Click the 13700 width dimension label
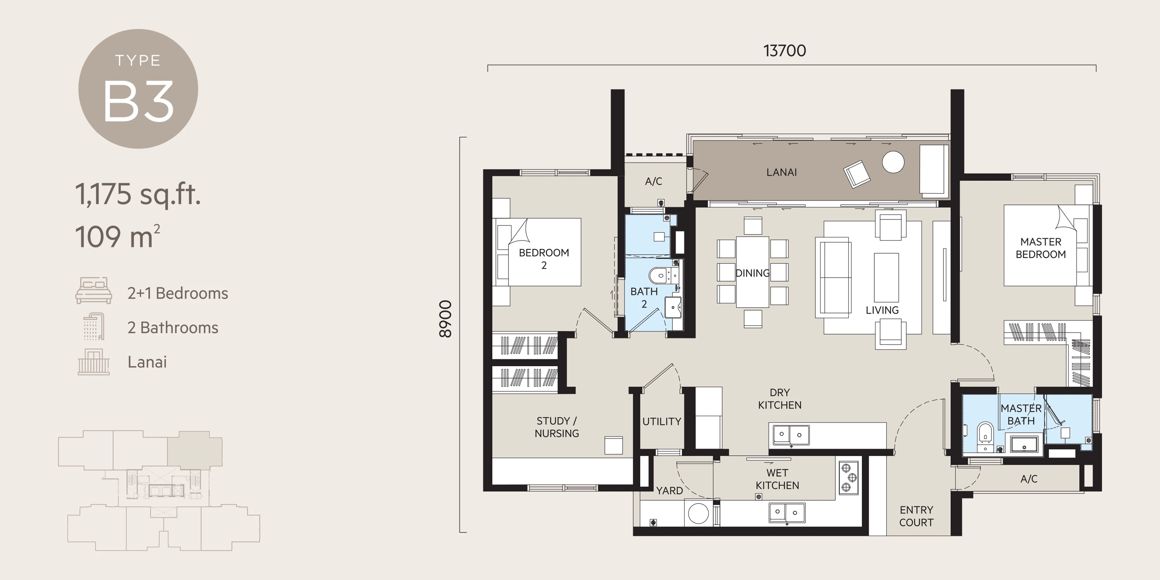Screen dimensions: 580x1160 click(785, 50)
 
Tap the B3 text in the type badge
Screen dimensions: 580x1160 click(138, 102)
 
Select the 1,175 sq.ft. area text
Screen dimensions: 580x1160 click(138, 194)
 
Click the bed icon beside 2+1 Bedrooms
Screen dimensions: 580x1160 click(94, 290)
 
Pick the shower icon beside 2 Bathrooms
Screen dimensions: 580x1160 click(94, 326)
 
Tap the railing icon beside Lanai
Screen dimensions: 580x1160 click(94, 362)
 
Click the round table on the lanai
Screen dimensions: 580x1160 click(893, 162)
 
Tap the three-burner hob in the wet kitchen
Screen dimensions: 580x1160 click(848, 478)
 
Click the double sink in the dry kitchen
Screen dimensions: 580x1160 click(791, 435)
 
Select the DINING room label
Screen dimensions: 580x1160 click(752, 273)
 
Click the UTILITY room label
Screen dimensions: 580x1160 click(662, 421)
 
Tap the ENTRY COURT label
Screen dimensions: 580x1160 click(916, 516)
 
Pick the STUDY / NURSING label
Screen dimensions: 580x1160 click(556, 427)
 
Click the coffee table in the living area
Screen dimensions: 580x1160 click(886, 277)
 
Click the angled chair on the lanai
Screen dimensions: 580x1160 click(856, 174)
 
